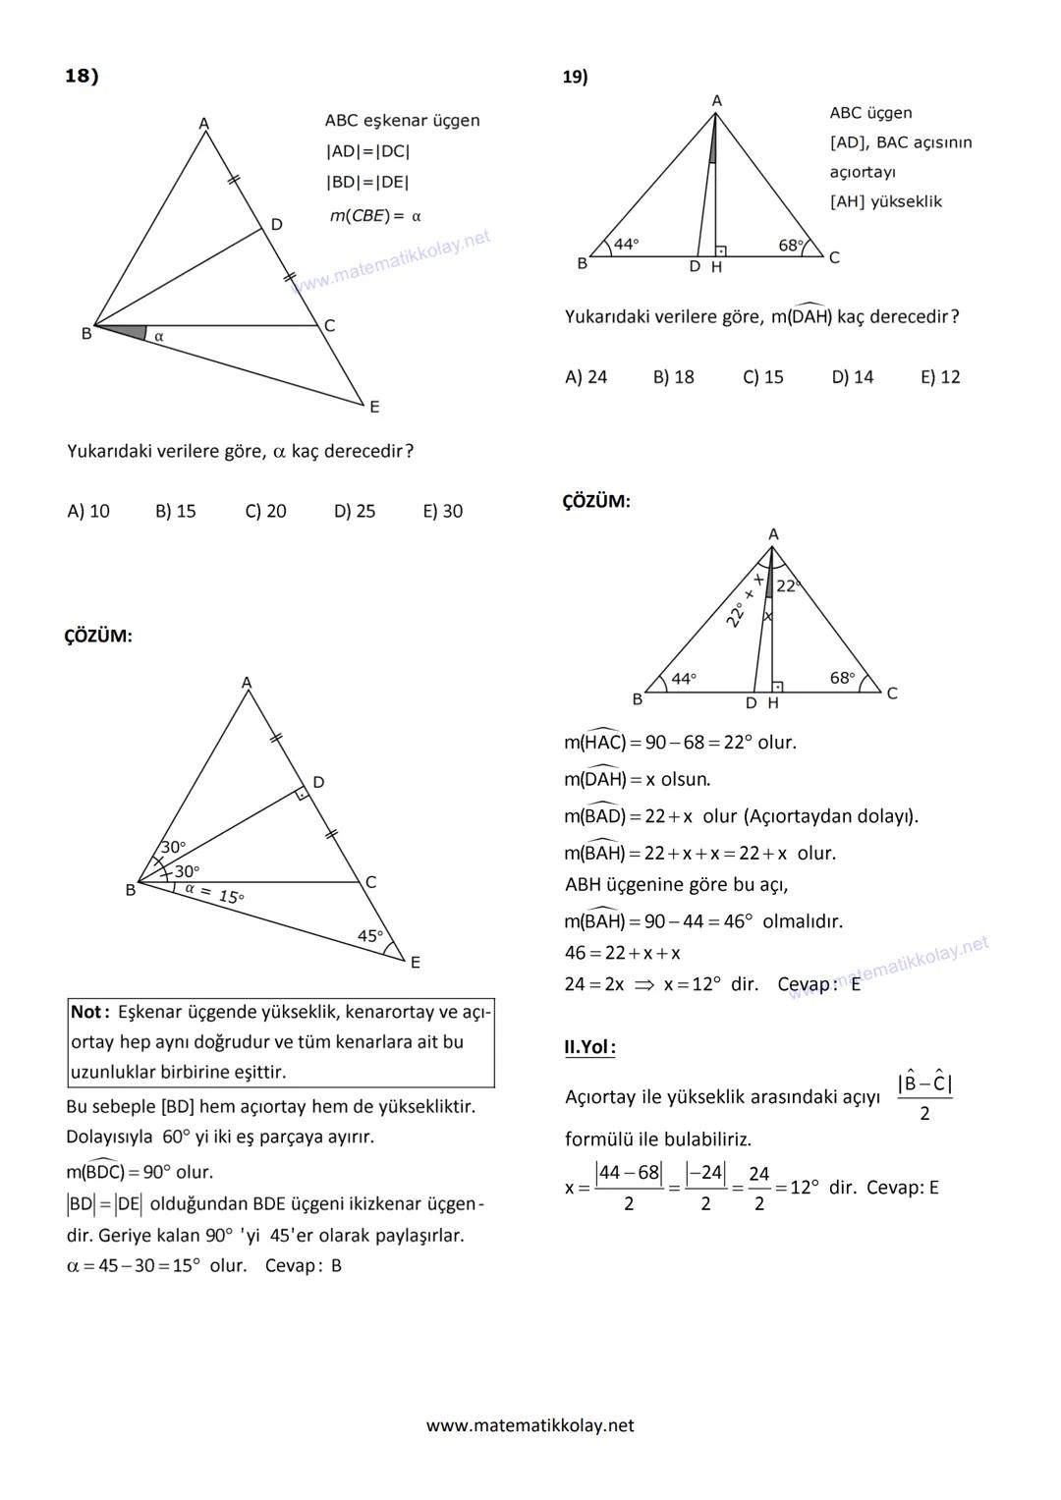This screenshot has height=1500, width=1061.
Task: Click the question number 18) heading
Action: [x=82, y=76]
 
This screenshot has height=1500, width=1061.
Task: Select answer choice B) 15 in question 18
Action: [x=175, y=511]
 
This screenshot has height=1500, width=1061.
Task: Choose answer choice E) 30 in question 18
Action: [x=442, y=511]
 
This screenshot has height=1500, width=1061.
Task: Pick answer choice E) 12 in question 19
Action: [x=939, y=377]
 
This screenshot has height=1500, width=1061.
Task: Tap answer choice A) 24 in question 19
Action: [x=586, y=377]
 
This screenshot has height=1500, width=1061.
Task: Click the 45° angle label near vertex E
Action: [x=370, y=936]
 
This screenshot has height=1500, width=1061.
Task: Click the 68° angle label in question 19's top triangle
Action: [x=791, y=245]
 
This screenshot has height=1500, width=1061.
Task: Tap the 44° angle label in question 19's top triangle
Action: [x=626, y=244]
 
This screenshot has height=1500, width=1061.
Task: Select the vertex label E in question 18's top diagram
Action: [x=374, y=407]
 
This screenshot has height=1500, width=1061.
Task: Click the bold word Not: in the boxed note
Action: [x=90, y=1012]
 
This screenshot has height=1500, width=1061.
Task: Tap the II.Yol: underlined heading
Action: [x=589, y=1047]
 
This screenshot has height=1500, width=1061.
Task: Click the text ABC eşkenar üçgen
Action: [x=402, y=121]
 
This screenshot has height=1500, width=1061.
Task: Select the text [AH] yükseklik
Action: [x=885, y=201]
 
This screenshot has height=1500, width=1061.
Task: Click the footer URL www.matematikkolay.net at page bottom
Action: [x=530, y=1425]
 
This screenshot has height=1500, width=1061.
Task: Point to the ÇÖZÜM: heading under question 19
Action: [x=596, y=501]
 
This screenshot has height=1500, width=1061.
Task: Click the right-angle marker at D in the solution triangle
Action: [x=303, y=793]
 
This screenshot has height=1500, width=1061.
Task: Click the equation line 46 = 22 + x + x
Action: [x=622, y=953]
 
